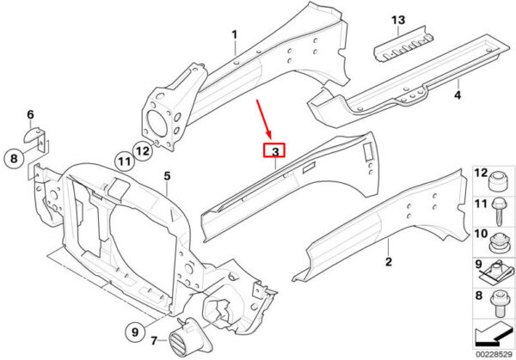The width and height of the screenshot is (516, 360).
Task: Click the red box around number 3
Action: point(273,150)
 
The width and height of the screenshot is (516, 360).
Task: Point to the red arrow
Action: point(264,119)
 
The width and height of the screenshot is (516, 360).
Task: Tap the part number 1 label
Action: point(234,34)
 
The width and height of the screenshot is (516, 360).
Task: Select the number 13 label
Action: point(398,20)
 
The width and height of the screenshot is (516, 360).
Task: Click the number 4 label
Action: point(458,95)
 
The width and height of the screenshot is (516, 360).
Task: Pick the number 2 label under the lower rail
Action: point(389,262)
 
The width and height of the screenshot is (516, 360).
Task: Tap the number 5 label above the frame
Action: point(167,176)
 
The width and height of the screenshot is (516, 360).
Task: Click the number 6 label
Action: point(30,115)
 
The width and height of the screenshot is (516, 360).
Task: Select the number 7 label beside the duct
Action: point(154,341)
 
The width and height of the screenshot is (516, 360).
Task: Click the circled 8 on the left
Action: point(14,159)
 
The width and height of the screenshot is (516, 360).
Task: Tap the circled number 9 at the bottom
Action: point(135,332)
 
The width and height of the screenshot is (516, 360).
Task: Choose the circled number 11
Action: point(125,162)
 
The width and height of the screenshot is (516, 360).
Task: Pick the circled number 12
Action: point(143,151)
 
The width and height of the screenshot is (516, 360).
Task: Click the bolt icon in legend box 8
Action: point(498,303)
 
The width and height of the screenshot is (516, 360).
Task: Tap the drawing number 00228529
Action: point(494,354)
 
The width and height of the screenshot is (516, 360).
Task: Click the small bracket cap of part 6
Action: point(33,135)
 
